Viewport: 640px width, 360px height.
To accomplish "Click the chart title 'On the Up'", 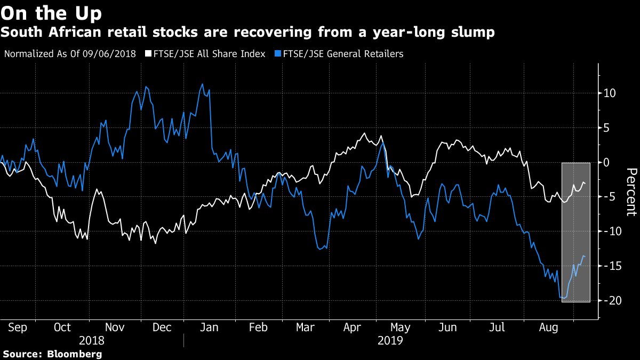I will [52, 12].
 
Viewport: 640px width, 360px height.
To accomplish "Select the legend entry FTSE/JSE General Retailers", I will [342, 54].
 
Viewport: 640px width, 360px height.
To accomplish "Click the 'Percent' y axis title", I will [631, 192].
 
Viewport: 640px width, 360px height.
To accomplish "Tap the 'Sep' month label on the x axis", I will [18, 327].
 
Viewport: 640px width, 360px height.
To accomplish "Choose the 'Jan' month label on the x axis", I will [208, 327].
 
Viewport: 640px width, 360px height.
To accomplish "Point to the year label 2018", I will [92, 340].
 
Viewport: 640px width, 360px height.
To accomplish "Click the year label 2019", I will [389, 340].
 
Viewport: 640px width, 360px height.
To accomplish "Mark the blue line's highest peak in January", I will [202, 84].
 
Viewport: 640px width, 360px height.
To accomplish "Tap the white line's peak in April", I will [364, 133].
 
